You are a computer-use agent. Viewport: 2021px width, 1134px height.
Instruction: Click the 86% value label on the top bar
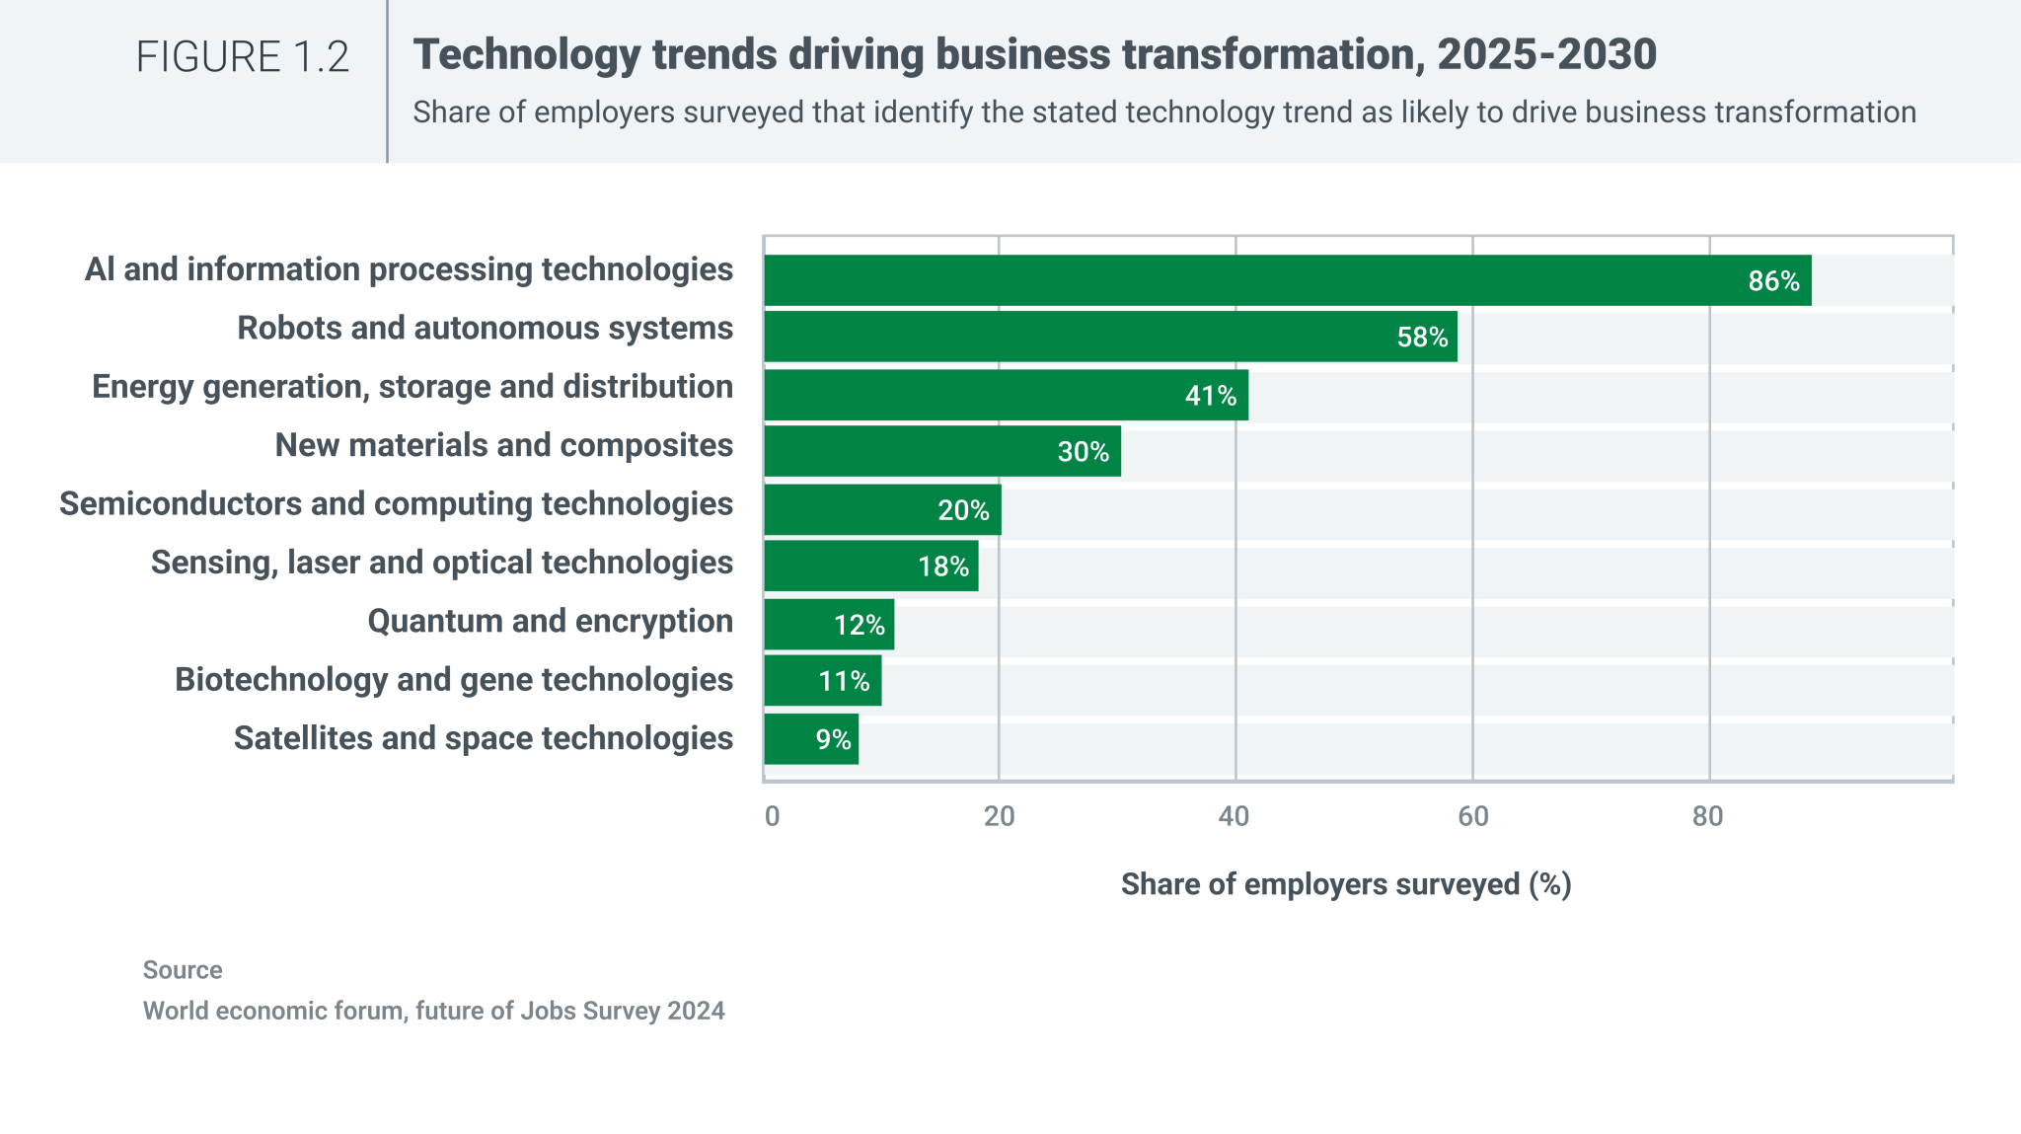(1773, 281)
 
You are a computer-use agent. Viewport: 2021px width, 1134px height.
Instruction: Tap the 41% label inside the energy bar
(1210, 396)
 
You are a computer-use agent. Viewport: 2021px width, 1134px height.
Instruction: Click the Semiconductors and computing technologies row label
(396, 503)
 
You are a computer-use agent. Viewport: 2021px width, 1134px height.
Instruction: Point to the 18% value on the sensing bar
(942, 567)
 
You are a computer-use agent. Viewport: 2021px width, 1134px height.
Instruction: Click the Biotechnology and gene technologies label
(453, 680)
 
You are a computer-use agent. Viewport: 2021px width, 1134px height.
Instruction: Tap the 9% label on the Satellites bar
(833, 739)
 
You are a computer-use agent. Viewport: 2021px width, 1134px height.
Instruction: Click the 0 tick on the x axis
(772, 816)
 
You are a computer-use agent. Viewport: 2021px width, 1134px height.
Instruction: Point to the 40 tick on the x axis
(1234, 816)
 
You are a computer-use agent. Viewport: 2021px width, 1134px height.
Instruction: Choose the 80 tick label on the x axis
(1707, 816)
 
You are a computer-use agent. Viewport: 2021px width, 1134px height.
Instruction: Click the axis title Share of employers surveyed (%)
(1345, 884)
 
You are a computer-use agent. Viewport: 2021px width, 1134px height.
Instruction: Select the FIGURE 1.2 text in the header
(243, 57)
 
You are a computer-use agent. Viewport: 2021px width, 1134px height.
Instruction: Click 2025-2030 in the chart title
(1546, 54)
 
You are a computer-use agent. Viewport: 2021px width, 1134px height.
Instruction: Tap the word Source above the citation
(183, 970)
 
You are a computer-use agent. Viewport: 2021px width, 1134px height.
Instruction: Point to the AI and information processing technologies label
(409, 269)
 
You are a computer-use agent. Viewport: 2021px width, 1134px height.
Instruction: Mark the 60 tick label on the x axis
(1472, 816)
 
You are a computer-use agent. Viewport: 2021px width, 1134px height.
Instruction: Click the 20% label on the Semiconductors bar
(962, 510)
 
